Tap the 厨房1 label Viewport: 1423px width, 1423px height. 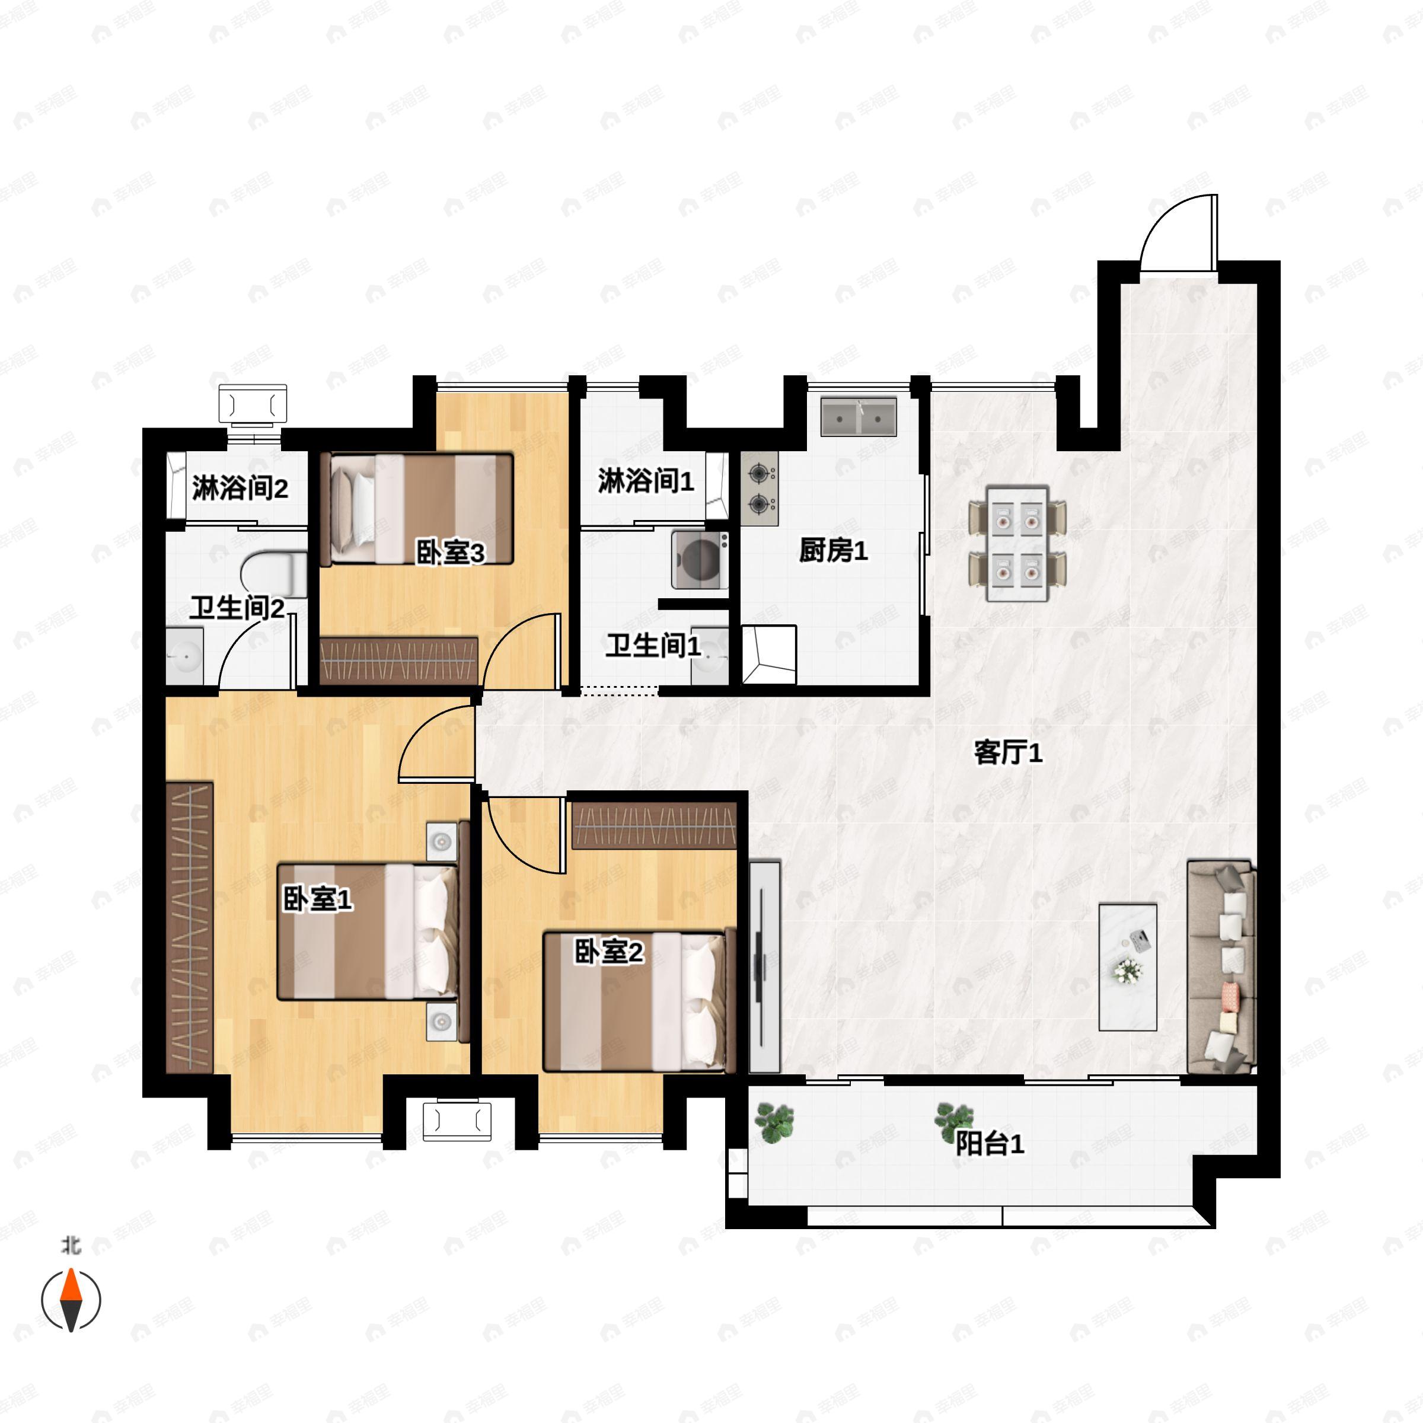click(833, 550)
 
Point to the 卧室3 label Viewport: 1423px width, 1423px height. click(451, 553)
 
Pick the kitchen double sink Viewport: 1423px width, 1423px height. click(859, 417)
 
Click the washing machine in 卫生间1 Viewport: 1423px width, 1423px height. click(700, 560)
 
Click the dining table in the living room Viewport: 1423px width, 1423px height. click(1018, 544)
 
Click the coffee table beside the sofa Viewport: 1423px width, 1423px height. click(1128, 967)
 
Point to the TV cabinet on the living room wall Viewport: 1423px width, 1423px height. click(764, 966)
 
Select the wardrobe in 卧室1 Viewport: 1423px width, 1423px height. click(189, 927)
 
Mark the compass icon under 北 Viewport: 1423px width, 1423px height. click(71, 1301)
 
